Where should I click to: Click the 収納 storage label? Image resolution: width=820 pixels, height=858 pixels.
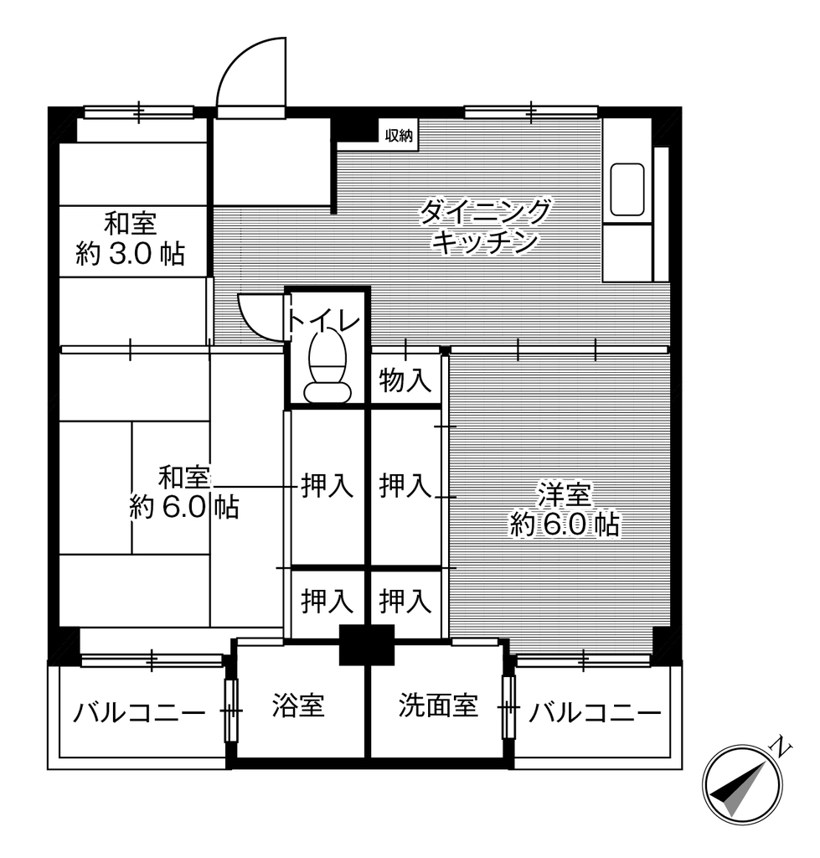point(399,135)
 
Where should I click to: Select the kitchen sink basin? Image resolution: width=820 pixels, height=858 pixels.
point(627,189)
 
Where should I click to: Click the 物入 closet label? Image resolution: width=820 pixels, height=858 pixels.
point(405,380)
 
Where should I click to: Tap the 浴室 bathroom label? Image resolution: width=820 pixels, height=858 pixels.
point(299,705)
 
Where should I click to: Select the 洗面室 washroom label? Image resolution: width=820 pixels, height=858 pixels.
point(438,705)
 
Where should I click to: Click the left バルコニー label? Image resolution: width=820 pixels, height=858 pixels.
point(139,713)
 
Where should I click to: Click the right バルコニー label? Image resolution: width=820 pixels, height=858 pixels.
point(595,713)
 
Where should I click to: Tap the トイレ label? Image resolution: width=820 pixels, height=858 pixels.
point(324,322)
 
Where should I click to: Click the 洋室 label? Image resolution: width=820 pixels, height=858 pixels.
point(565,494)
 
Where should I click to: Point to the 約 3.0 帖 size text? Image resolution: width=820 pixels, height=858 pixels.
point(130,254)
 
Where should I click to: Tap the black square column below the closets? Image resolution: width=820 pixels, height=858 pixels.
point(367,644)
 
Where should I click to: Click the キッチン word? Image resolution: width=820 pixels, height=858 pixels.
point(485,242)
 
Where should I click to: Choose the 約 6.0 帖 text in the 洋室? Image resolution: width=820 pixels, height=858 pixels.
point(565,525)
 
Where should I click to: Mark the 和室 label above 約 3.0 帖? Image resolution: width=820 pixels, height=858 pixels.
point(130,224)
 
